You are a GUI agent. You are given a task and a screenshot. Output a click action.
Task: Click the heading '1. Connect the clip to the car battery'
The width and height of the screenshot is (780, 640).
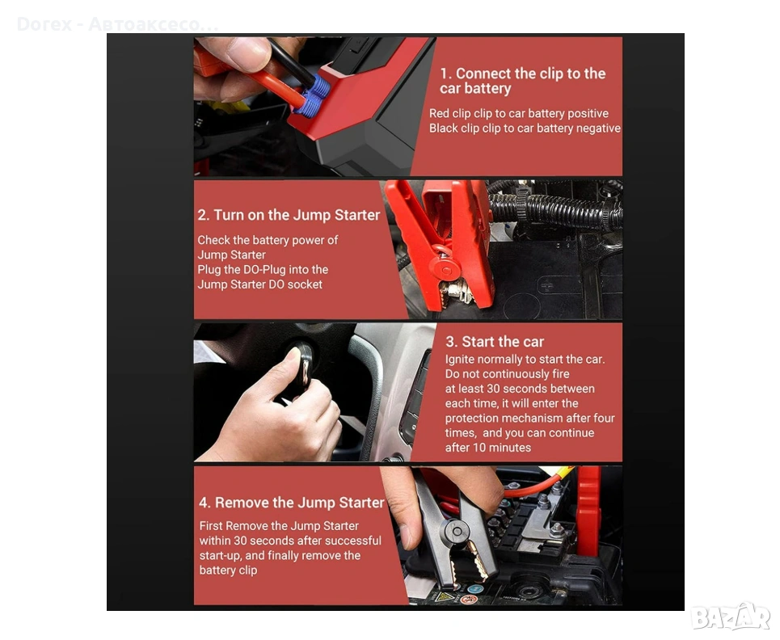coord(522,81)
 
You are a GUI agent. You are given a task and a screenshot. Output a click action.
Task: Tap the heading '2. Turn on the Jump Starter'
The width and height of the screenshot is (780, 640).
coord(289,215)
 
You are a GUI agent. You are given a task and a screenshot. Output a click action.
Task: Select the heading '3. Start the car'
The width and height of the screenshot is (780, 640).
coord(495,342)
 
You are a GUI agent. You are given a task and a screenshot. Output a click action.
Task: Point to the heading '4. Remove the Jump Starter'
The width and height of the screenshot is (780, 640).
coord(292,503)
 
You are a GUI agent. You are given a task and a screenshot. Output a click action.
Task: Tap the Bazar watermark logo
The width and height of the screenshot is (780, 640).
coord(730,617)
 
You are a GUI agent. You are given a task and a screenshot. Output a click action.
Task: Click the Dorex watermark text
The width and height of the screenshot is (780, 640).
coord(117,24)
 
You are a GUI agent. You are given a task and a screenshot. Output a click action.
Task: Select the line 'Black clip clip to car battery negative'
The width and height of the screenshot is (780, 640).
coord(525,128)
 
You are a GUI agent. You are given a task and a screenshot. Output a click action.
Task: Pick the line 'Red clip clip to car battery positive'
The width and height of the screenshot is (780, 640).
coord(519,113)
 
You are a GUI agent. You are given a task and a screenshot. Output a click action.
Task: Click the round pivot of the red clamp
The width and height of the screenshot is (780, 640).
coord(445,269)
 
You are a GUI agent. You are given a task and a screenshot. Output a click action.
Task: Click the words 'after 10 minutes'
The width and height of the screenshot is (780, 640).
coord(488,448)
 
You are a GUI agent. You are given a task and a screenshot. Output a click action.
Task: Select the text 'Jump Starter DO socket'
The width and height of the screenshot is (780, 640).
coord(259,284)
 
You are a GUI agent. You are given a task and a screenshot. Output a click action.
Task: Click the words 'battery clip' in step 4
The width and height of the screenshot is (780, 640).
coord(228,571)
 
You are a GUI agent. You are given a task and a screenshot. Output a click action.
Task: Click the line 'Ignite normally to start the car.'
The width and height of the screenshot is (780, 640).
coord(525,359)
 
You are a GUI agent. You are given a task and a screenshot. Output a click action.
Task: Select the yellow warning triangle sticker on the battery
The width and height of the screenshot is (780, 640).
coord(445,596)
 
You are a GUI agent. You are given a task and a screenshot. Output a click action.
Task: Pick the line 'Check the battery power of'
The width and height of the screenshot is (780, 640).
coord(268,240)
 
